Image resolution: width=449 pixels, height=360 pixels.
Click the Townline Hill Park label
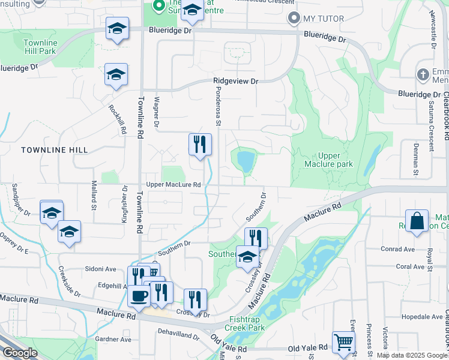tap(40, 47)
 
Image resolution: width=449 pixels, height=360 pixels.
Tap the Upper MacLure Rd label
tap(173, 185)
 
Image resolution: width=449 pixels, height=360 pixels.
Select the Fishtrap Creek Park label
tap(246, 323)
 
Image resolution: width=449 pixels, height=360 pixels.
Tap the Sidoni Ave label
tap(100, 269)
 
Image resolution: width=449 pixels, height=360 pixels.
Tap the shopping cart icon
tap(343, 341)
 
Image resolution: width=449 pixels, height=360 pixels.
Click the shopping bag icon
tap(417, 220)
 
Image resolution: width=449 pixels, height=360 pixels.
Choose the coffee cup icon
tap(139, 295)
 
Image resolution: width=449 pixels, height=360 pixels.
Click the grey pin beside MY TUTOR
tap(294, 19)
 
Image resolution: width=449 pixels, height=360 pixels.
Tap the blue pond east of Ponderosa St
tap(246, 161)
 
